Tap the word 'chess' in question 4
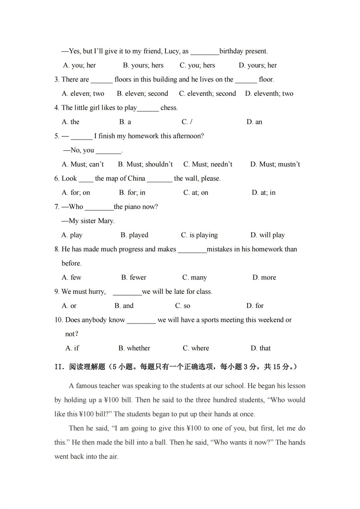(169, 108)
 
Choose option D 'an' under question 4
(254, 122)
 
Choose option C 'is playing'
(199, 235)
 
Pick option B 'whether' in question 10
(134, 348)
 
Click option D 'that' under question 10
(261, 348)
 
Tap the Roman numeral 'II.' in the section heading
(60, 367)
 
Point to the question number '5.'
(57, 136)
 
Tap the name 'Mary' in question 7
(106, 221)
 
